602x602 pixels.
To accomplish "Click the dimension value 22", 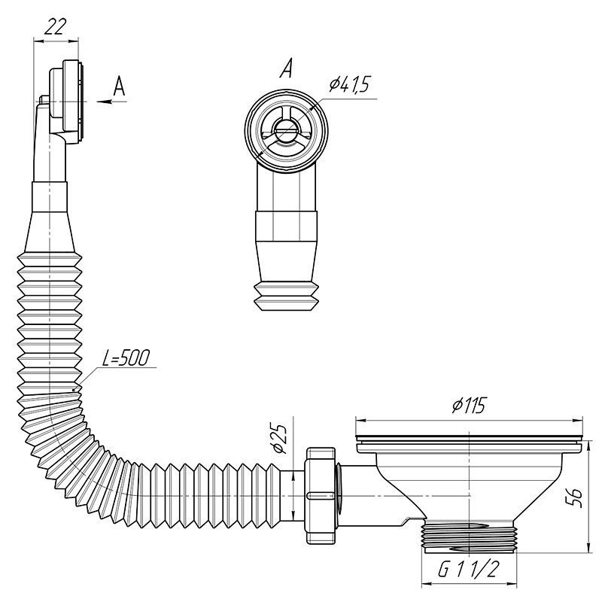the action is pos(56,27).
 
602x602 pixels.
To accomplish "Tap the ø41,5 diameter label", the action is pos(348,84).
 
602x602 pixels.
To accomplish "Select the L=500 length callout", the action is pos(126,358).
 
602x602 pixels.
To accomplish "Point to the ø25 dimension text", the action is pos(280,439).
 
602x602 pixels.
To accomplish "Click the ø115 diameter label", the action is pos(469,406).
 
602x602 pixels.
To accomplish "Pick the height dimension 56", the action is pos(575,497).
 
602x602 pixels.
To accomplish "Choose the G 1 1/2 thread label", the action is pos(468,570).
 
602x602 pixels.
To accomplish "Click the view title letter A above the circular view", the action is pos(286,68).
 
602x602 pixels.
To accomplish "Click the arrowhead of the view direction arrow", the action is pos(103,102).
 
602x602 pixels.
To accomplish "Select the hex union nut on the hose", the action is pos(321,495).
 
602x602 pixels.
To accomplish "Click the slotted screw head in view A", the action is pos(286,130).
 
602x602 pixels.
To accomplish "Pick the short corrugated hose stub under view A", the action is pos(286,296).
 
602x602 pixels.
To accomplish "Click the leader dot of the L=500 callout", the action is pos(73,391).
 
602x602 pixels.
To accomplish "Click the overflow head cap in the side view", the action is pos(65,102).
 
